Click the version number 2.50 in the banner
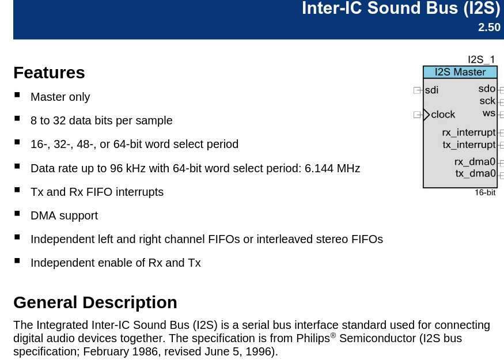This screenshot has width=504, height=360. point(489,27)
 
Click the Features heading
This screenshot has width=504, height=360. point(49,73)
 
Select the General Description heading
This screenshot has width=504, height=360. point(95,302)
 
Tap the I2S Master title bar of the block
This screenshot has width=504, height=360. point(460,72)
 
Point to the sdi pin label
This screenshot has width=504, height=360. point(431,90)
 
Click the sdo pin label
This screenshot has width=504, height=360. point(487,89)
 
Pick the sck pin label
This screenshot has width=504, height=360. point(488,101)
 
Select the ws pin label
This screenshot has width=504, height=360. point(489,113)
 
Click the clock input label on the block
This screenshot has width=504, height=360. point(443,115)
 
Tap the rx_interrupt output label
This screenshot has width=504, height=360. point(469,132)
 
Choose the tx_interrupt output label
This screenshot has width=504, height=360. point(469,145)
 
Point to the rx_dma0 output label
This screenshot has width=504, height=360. point(475,162)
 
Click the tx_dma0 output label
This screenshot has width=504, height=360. point(475,173)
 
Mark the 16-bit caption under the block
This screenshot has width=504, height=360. point(485,192)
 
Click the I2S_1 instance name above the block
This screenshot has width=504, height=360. point(481,59)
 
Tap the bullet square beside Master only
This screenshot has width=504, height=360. point(17,95)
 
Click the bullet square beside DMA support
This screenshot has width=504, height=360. point(17,214)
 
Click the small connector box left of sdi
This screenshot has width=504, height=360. point(417,90)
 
